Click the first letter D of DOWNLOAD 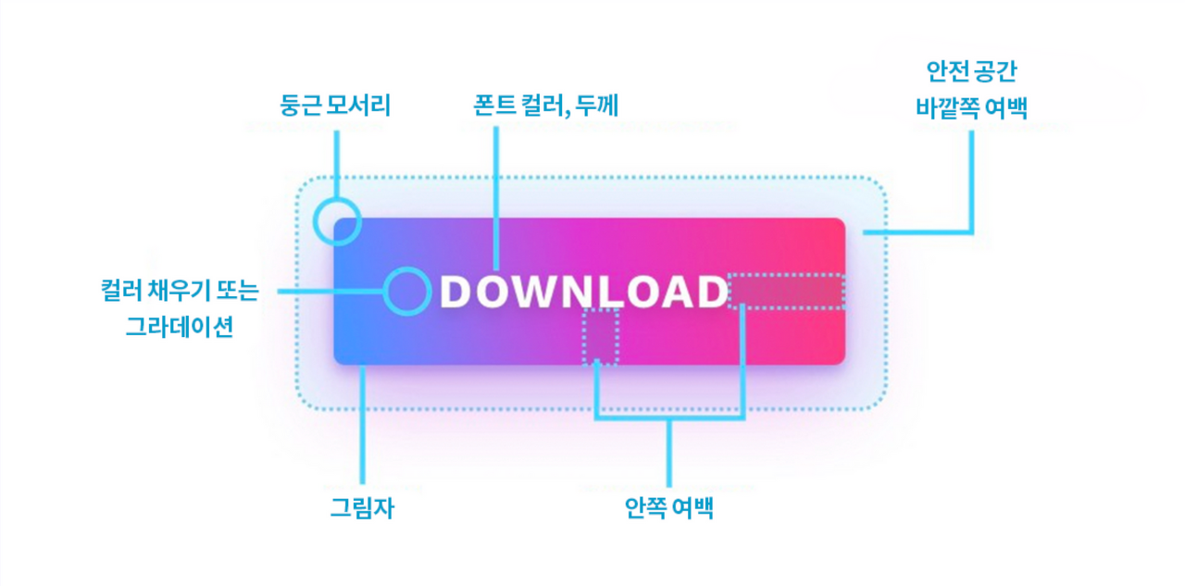click(455, 292)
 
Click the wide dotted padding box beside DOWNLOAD click(786, 291)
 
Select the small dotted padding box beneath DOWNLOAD click(600, 337)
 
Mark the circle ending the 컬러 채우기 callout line click(407, 291)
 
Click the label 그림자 click(363, 509)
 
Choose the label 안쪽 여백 click(668, 509)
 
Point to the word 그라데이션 click(180, 326)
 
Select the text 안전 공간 click(971, 71)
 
